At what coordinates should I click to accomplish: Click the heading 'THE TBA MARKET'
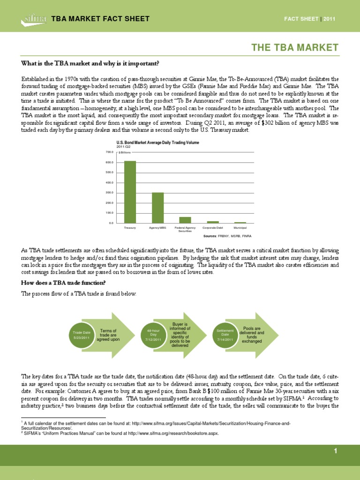pos(295,47)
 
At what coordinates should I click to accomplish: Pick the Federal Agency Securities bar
pos(185,220)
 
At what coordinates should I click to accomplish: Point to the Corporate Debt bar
pos(213,222)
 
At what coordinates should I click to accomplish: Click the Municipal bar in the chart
pos(240,222)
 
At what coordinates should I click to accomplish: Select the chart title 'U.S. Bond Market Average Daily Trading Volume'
pos(155,142)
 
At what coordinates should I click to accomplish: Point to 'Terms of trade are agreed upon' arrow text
pos(110,335)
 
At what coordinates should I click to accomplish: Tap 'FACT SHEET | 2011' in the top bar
pos(310,19)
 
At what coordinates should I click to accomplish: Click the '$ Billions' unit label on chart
pos(125,153)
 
